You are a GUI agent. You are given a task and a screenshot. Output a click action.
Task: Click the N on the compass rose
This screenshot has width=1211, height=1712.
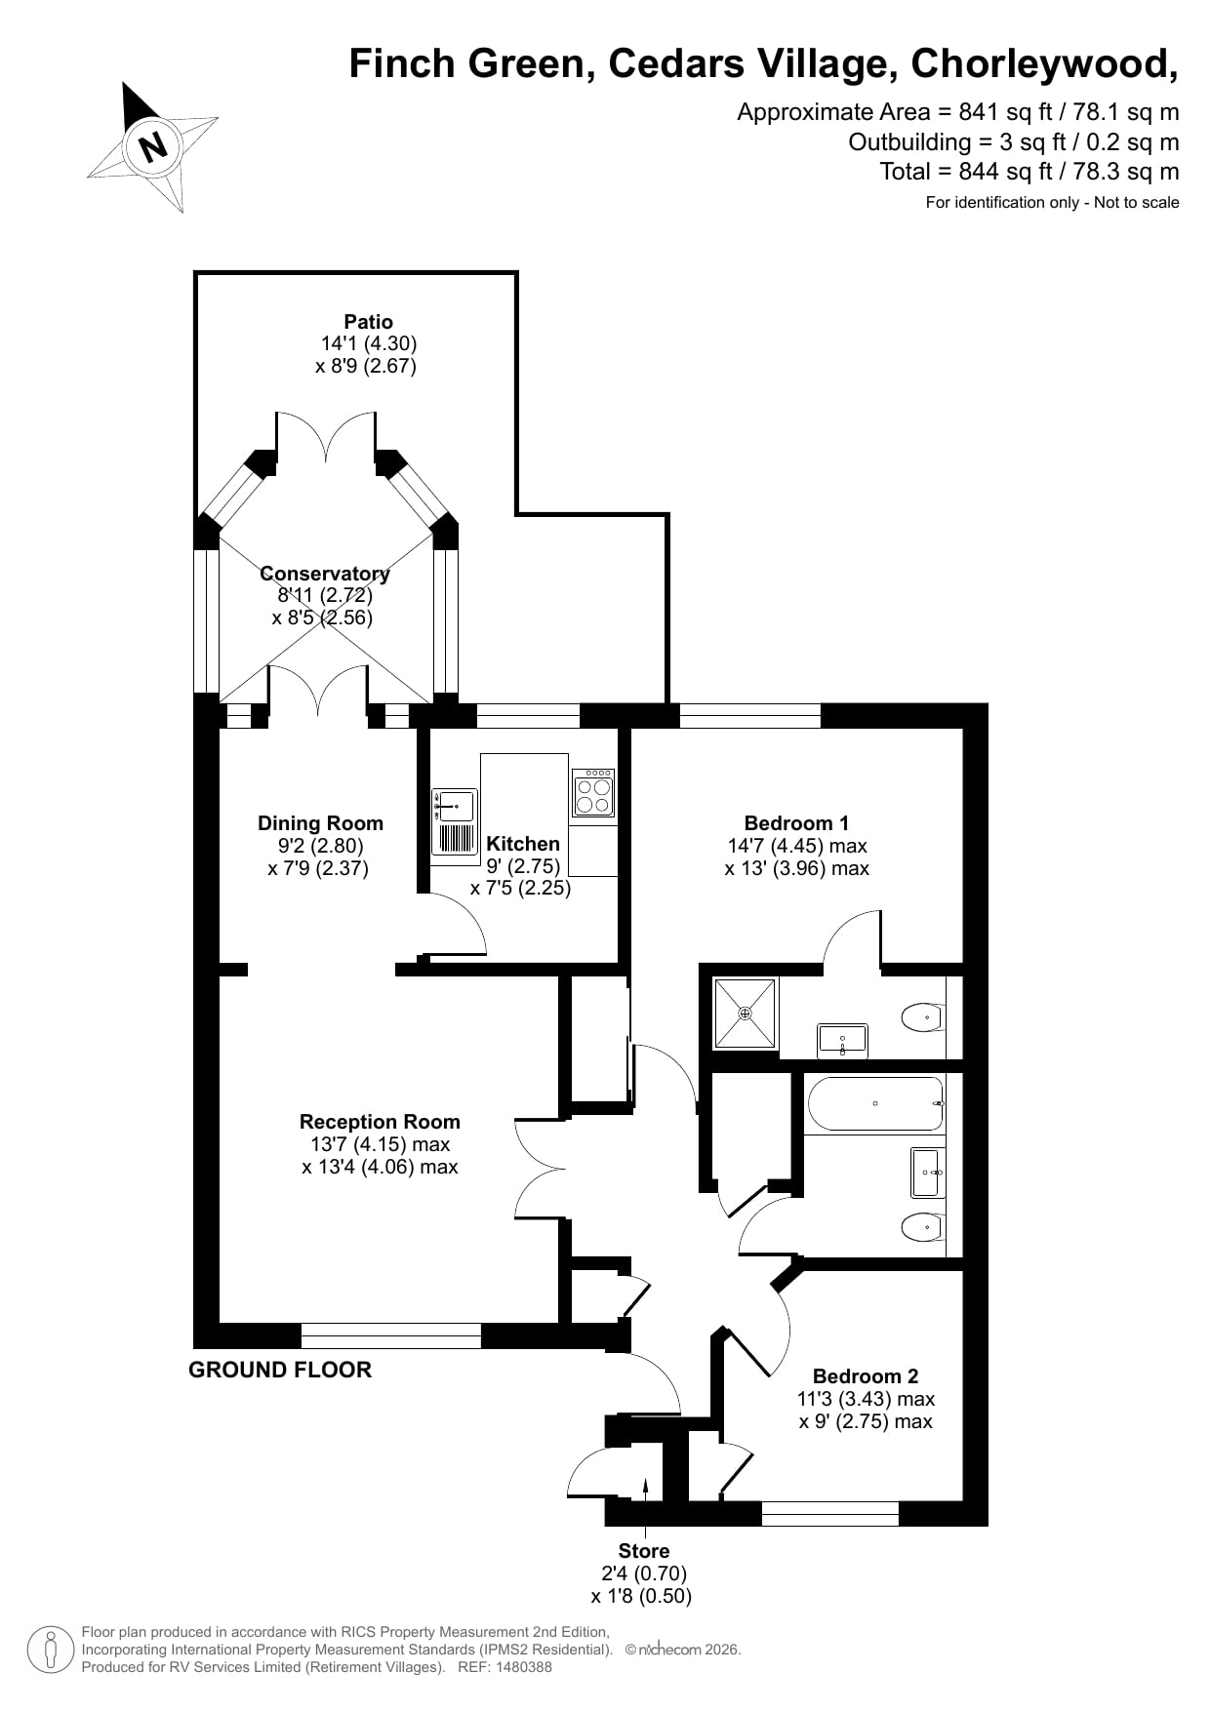coord(153,147)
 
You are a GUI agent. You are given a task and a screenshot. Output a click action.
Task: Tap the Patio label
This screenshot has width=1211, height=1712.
coord(368,322)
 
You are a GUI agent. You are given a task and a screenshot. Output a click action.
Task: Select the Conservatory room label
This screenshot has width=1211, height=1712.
coord(325,574)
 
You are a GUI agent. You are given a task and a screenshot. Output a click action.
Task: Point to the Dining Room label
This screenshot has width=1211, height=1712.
coord(320,823)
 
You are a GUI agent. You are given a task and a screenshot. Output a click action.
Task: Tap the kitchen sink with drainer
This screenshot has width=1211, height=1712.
coord(455,822)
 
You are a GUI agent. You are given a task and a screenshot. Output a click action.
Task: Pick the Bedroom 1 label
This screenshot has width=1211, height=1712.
coord(796,822)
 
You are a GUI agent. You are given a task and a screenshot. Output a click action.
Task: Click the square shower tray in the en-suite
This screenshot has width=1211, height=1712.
coord(746,1014)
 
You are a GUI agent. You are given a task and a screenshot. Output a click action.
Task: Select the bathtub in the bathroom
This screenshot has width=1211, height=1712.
coord(875,1103)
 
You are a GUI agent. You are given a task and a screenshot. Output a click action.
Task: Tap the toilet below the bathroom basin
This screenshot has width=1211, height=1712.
coord(922,1225)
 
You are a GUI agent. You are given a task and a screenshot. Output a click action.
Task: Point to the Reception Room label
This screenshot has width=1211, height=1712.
coord(380,1122)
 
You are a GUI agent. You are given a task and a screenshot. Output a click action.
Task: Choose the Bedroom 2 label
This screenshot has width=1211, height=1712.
coord(866,1376)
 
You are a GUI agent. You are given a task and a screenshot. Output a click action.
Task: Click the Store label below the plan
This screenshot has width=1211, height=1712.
coord(644,1551)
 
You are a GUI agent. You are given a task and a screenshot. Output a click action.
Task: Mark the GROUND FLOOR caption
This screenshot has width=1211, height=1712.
coord(280,1370)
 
